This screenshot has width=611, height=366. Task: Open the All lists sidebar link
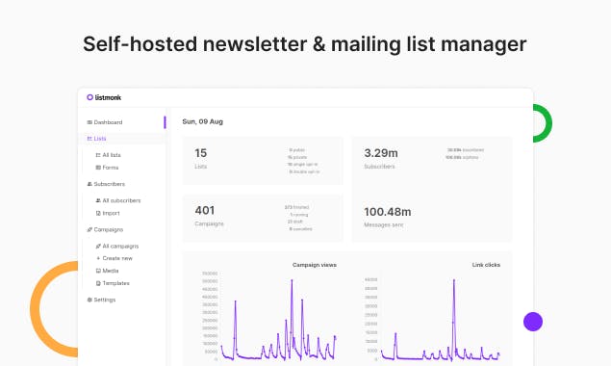(111, 154)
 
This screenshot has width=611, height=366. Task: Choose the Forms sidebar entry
(109, 168)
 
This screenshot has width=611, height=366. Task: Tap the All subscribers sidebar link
(121, 200)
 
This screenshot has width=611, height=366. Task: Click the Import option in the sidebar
(111, 213)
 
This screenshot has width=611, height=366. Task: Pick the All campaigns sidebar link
(119, 246)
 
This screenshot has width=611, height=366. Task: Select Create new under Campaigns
(116, 258)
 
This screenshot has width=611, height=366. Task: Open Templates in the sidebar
(115, 283)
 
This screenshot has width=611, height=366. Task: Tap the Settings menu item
(105, 300)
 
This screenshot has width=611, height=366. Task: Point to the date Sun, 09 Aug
(203, 121)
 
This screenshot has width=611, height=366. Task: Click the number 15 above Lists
(201, 152)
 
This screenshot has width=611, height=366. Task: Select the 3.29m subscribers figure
(380, 152)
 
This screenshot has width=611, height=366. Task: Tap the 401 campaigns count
(205, 210)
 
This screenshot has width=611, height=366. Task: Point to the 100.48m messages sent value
(388, 212)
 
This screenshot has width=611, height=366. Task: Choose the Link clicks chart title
(486, 264)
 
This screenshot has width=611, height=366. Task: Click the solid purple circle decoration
(533, 323)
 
